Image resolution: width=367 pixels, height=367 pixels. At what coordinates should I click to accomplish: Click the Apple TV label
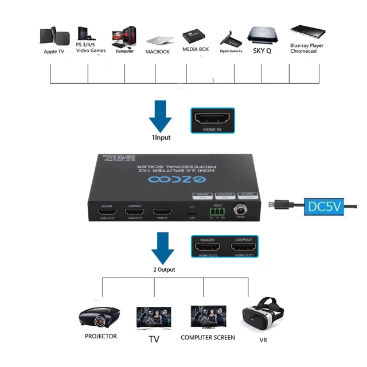pos(54,52)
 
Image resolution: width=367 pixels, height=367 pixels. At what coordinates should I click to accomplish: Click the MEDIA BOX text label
pos(196,49)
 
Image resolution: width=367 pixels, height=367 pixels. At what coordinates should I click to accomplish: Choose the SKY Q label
pos(262,50)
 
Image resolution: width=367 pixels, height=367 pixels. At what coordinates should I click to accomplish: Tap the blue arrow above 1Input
pos(161,116)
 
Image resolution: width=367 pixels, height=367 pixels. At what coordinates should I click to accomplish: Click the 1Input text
pos(161,138)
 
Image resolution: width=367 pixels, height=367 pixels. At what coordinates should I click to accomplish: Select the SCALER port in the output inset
pos(207,248)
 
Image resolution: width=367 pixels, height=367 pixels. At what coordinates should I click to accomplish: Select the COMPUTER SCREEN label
pos(208,338)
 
